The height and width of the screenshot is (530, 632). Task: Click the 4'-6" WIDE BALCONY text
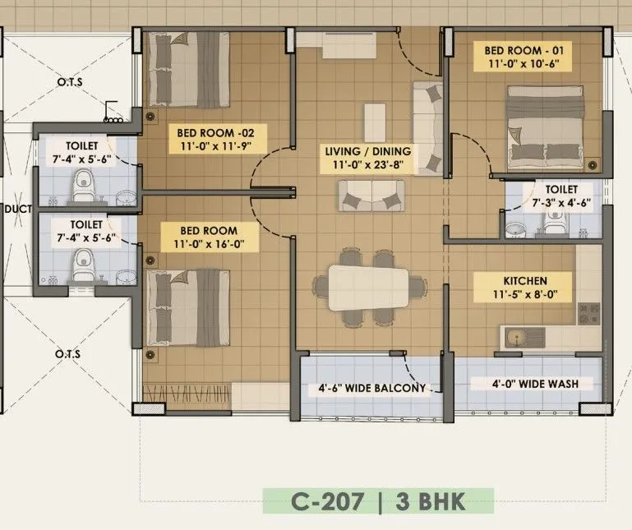click(372, 388)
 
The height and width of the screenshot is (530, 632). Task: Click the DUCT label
click(17, 209)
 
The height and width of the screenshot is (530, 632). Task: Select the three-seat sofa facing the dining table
click(371, 195)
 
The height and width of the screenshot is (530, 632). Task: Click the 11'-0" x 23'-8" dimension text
click(368, 165)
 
